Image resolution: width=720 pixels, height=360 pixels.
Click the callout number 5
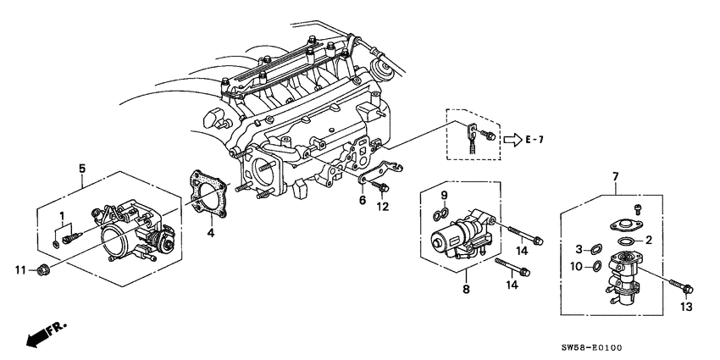[81, 169]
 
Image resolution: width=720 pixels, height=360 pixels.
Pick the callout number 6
[363, 202]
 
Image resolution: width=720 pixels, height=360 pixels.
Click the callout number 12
[383, 206]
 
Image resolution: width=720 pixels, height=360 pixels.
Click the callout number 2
[648, 241]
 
